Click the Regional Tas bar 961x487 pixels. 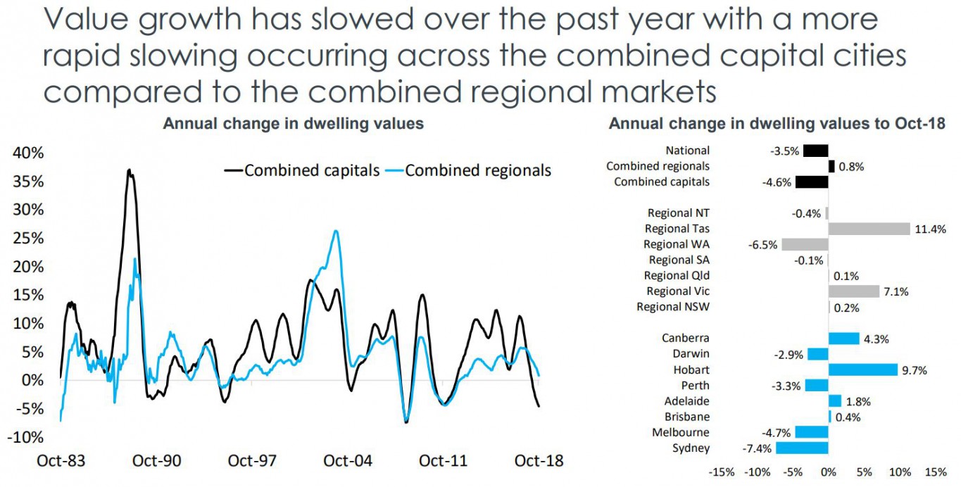click(x=869, y=229)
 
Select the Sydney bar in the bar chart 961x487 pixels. click(x=802, y=448)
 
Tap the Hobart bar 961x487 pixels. click(x=863, y=369)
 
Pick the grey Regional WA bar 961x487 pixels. click(x=805, y=244)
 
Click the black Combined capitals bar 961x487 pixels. click(x=812, y=182)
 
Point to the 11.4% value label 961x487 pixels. click(x=930, y=229)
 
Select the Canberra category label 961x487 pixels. click(x=686, y=339)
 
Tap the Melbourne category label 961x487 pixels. click(x=681, y=432)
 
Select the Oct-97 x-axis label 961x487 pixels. click(x=252, y=461)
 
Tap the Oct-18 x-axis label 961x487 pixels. click(x=540, y=461)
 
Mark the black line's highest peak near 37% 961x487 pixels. click(x=129, y=170)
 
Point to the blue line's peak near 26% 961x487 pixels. click(x=337, y=231)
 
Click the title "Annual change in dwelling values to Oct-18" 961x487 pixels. click(x=777, y=124)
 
